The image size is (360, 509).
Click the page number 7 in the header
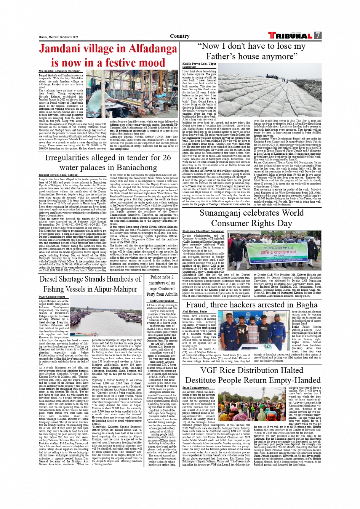click(x=317, y=36)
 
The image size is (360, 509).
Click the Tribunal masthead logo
click(x=290, y=36)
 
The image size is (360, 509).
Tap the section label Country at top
click(x=180, y=36)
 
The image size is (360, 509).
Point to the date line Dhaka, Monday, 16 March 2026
click(x=59, y=37)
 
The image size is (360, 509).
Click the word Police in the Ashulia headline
click(x=156, y=277)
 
